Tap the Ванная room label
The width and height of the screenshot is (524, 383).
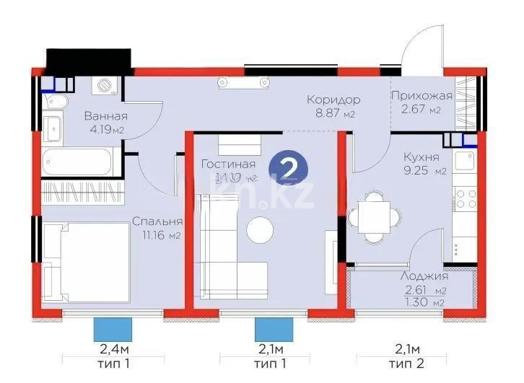pos(105,116)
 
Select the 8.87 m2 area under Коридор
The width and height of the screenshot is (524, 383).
pos(333,114)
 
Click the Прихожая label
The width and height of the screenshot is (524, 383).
pos(421,96)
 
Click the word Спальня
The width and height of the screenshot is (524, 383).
pos(157,222)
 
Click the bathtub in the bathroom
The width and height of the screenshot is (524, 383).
pos(77,163)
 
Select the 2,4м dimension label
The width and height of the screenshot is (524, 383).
pos(111,350)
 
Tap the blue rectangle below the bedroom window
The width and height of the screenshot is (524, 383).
pos(113,329)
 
